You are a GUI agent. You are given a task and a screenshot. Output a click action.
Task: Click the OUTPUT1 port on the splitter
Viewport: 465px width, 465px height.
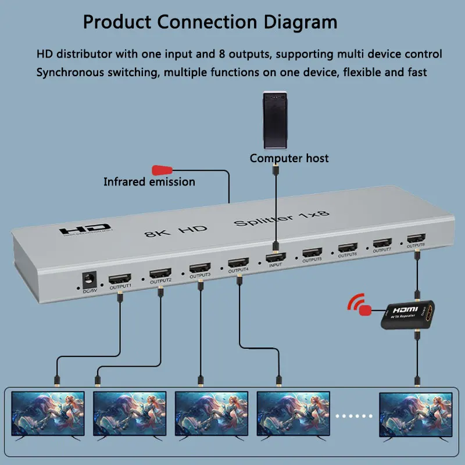point(120,278)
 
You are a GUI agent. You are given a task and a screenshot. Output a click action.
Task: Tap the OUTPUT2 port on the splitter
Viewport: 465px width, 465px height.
point(160,273)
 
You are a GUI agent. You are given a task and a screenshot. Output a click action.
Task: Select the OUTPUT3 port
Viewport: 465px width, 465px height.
point(200,268)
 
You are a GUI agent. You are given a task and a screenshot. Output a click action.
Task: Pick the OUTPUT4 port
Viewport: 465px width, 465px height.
point(238,263)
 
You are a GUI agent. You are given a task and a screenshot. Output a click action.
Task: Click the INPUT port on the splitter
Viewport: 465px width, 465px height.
point(277,257)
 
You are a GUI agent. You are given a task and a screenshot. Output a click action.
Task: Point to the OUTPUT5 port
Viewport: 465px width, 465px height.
point(312,252)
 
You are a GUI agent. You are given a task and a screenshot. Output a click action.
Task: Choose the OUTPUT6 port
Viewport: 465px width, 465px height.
point(348,248)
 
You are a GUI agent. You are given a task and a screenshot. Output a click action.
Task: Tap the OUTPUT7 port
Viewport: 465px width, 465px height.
point(382,243)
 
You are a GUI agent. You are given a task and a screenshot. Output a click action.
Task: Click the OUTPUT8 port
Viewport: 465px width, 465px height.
point(416,238)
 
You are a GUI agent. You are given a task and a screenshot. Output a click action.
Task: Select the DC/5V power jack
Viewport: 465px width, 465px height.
point(90,279)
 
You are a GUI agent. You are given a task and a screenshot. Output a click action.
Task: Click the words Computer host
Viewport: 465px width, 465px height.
point(289,158)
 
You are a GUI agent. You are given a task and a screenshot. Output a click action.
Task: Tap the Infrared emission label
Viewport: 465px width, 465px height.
point(149,182)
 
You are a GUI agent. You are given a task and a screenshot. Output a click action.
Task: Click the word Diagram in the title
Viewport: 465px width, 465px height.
point(298,22)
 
